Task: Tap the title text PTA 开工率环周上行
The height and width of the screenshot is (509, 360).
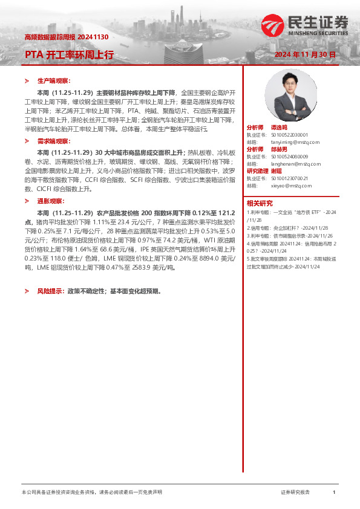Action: pyautogui.click(x=69, y=54)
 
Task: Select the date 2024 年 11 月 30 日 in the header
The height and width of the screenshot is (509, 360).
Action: pyautogui.click(x=304, y=54)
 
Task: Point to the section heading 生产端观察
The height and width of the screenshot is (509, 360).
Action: pyautogui.click(x=54, y=80)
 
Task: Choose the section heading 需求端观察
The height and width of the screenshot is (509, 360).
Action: pyautogui.click(x=54, y=141)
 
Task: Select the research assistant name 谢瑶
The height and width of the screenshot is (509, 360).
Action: pyautogui.click(x=276, y=170)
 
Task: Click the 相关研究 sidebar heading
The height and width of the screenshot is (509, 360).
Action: pyautogui.click(x=260, y=203)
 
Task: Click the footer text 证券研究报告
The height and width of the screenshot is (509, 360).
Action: pyautogui.click(x=295, y=493)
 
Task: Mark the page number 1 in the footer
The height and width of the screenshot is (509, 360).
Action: pyautogui.click(x=334, y=493)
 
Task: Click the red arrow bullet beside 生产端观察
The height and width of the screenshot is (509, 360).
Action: pyautogui.click(x=27, y=80)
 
